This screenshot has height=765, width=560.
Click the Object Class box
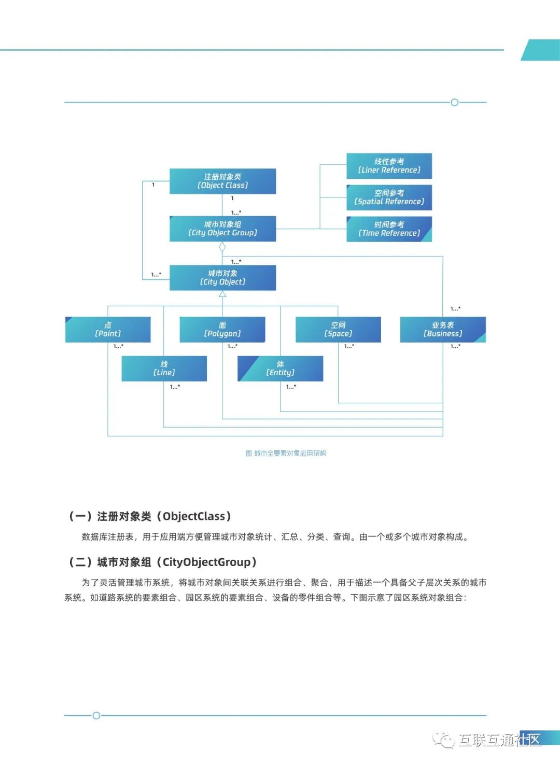pyautogui.click(x=222, y=181)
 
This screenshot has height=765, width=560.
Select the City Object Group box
pyautogui.click(x=222, y=229)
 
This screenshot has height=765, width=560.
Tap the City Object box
pyautogui.click(x=222, y=278)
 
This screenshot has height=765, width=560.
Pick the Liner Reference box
pyautogui.click(x=389, y=166)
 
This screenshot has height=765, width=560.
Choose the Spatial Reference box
pyautogui.click(x=389, y=197)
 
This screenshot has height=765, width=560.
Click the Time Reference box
pyautogui.click(x=389, y=229)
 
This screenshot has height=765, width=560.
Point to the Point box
pyautogui.click(x=108, y=330)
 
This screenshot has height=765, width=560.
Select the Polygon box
pyautogui.click(x=222, y=330)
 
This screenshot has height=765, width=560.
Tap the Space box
pyautogui.click(x=338, y=330)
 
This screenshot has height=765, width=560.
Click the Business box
pyautogui.click(x=443, y=330)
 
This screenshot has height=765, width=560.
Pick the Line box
pyautogui.click(x=164, y=369)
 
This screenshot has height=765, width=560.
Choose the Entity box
pyautogui.click(x=280, y=369)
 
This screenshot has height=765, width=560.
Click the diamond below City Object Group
pyautogui.click(x=222, y=248)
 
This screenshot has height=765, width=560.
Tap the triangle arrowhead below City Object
pyautogui.click(x=222, y=294)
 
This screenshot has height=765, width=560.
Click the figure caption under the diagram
pyautogui.click(x=286, y=454)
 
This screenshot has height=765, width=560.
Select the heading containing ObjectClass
pyautogui.click(x=150, y=516)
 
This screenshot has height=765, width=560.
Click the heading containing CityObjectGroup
pyautogui.click(x=162, y=562)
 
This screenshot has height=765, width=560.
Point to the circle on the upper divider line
pyautogui.click(x=455, y=103)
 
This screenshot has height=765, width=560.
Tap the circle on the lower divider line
pyautogui.click(x=96, y=716)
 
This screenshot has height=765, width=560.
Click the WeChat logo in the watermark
pyautogui.click(x=444, y=740)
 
